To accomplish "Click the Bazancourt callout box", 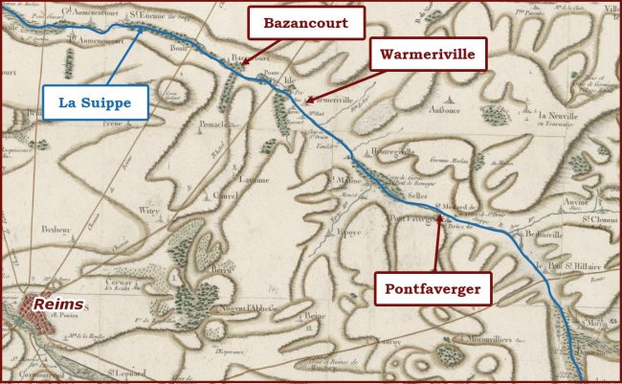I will [x=306, y=22].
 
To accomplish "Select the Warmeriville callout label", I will [x=428, y=56].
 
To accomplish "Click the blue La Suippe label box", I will [x=96, y=101].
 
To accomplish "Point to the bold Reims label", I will [x=54, y=304].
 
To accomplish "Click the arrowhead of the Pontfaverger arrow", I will [x=439, y=218].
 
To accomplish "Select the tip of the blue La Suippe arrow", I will [x=143, y=27].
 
